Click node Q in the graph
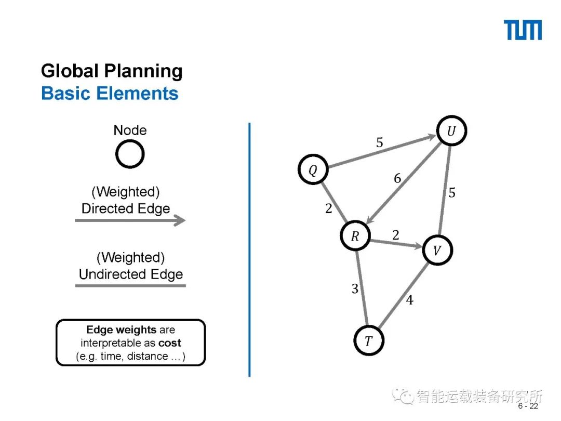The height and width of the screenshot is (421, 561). tap(313, 170)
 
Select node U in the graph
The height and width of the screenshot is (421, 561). tap(451, 131)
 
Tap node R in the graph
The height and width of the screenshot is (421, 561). tap(355, 236)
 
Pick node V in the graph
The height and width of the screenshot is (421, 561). tap(437, 251)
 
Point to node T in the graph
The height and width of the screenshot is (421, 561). tap(369, 341)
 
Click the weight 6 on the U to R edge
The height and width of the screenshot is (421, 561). tap(397, 179)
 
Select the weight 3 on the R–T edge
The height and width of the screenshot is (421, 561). tap(355, 289)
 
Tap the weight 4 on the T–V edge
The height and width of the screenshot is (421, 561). tap(409, 300)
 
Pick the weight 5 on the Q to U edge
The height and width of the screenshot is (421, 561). tap(380, 142)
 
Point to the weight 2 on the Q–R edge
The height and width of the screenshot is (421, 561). tap(328, 209)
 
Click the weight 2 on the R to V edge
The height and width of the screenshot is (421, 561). tap(396, 235)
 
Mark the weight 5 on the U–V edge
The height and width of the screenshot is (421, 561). tap(452, 193)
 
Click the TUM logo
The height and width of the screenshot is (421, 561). tap(523, 30)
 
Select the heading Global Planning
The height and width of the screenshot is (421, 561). tap(112, 71)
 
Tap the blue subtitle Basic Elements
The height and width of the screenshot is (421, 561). tap(110, 94)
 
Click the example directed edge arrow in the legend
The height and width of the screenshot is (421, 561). tap(130, 220)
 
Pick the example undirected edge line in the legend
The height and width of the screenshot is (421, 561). tap(130, 285)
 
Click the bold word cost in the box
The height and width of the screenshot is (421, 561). tap(170, 343)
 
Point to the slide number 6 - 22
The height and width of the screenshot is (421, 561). tap(528, 406)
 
